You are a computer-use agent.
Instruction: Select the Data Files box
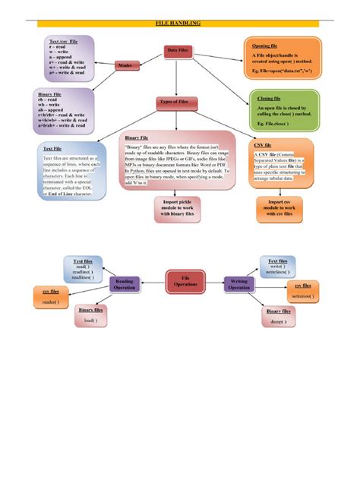click(x=178, y=50)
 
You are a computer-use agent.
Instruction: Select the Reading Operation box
click(x=125, y=284)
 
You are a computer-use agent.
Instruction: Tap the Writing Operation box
click(x=239, y=284)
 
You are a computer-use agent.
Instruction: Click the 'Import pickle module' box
click(x=177, y=208)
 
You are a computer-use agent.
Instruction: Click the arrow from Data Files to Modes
click(x=148, y=59)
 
